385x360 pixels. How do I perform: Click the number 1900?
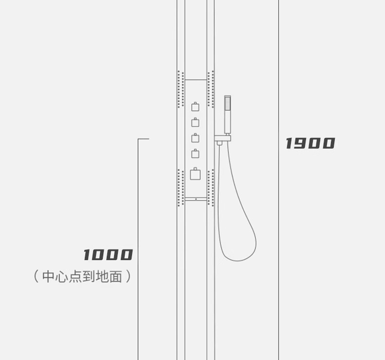pos(310,143)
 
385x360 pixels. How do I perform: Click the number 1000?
pos(108,255)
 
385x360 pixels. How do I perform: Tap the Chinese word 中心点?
pos(60,277)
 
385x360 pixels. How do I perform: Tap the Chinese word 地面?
pos(109,277)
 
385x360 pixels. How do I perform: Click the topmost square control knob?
pos(195,107)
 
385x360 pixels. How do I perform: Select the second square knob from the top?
pos(195,122)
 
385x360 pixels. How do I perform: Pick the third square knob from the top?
pos(195,138)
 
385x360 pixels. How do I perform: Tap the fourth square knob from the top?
pos(195,154)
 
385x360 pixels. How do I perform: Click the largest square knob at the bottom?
pos(195,174)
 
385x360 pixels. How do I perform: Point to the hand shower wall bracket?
pos(223,139)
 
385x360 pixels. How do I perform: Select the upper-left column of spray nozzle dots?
pos(180,89)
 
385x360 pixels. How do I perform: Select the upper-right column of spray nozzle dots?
pos(211,89)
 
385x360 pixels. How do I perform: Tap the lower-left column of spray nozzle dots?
pos(180,188)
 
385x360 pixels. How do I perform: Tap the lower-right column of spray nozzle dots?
pos(211,188)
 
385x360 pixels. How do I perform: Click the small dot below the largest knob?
pos(196,199)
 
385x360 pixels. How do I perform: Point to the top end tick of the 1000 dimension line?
pos(143,139)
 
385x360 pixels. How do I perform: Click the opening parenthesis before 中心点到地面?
pos(36,277)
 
